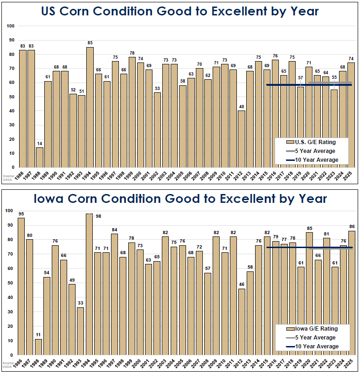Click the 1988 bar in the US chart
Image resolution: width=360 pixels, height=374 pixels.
point(40,158)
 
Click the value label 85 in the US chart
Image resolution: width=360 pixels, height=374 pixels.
point(90,43)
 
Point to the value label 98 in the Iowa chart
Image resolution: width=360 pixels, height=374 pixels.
point(98,216)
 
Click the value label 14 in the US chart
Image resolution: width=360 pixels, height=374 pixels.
point(40,144)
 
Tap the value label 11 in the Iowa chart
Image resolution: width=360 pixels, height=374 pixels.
point(39,335)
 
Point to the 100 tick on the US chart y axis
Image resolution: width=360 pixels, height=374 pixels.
point(11,26)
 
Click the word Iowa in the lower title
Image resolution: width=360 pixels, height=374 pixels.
point(54,199)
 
